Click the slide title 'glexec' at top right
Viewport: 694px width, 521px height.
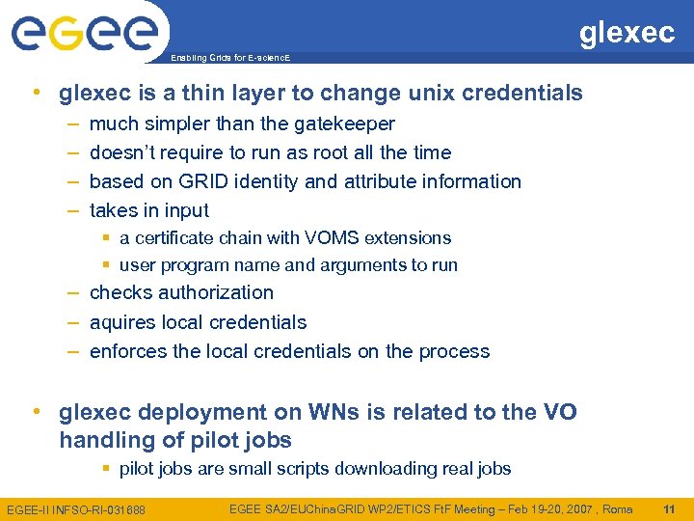click(627, 32)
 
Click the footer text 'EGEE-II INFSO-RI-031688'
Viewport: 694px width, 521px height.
click(76, 508)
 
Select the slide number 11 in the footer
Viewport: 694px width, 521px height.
click(670, 507)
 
